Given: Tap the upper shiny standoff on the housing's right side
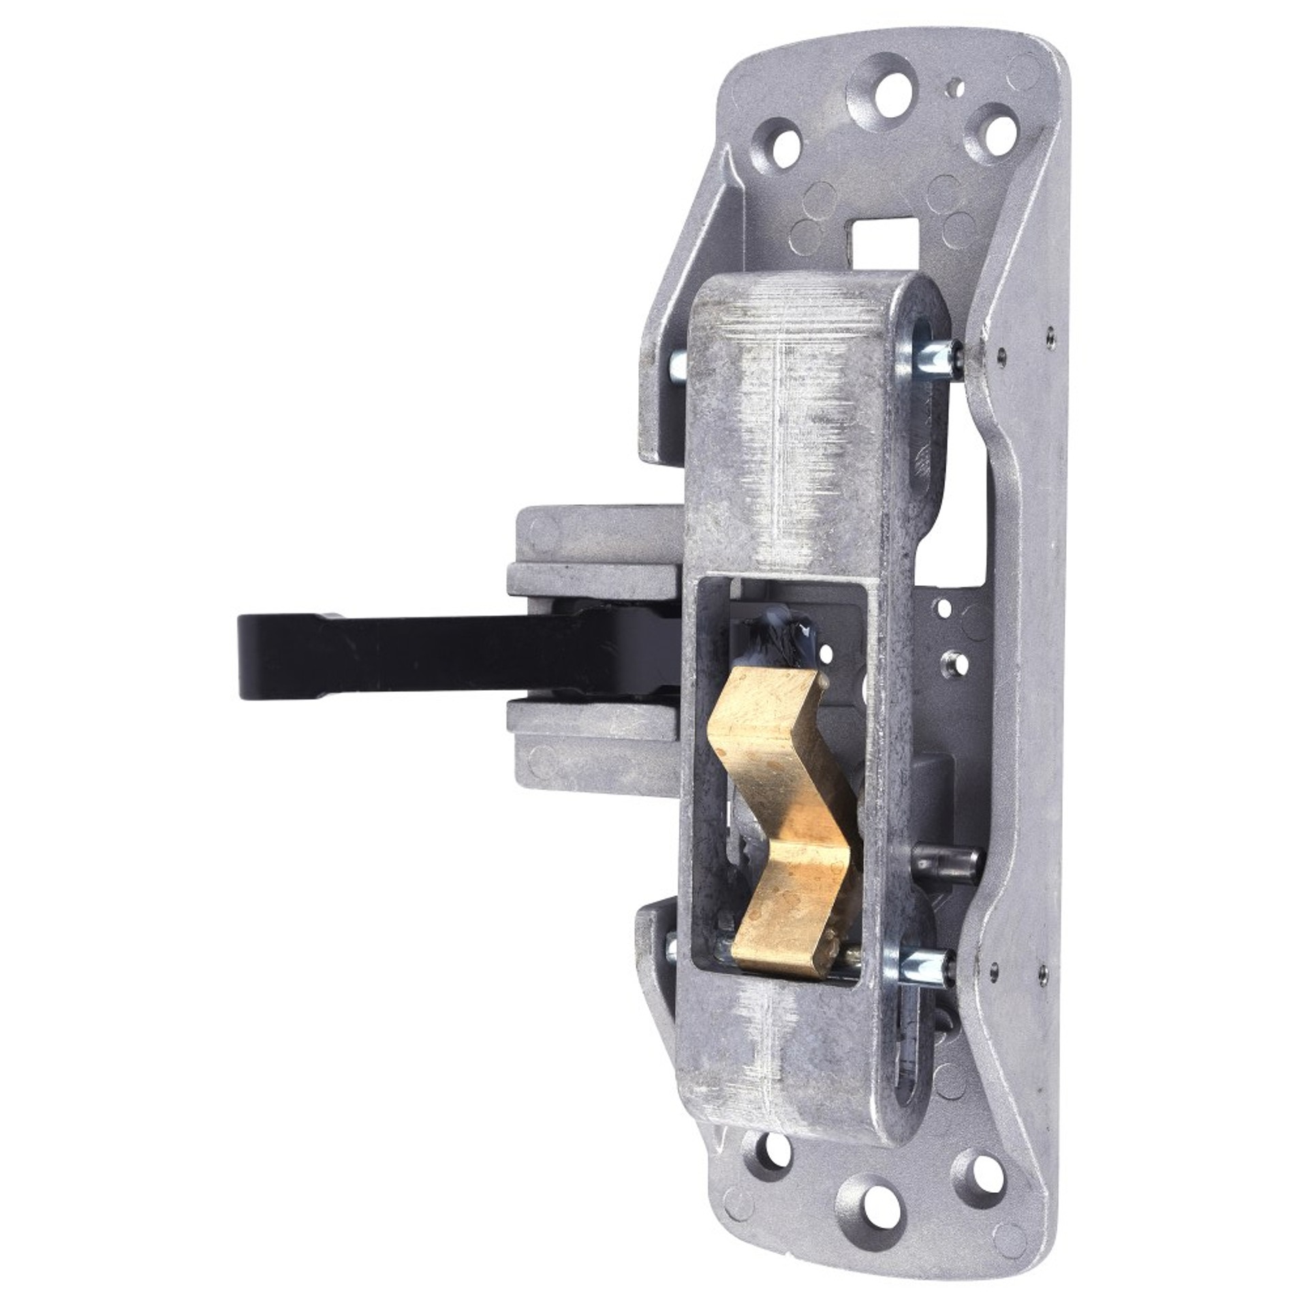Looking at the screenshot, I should coord(926,362).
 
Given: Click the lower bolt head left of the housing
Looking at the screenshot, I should coord(671,947).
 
